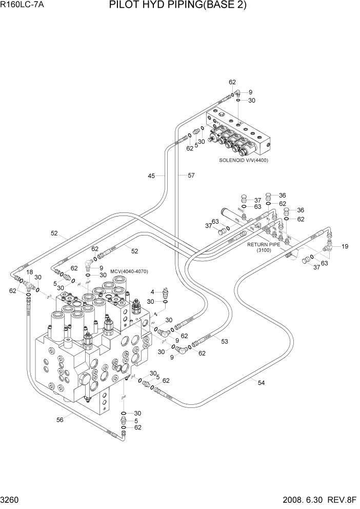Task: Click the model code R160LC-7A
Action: [22, 6]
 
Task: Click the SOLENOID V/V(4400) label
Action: [244, 160]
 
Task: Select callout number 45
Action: [151, 176]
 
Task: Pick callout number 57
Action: [191, 176]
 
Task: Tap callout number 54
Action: [261, 382]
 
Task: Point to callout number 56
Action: [60, 420]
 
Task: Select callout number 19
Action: [345, 247]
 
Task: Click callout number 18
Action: [30, 272]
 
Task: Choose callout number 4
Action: [152, 292]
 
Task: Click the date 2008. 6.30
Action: [306, 501]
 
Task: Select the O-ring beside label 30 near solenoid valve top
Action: [239, 101]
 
